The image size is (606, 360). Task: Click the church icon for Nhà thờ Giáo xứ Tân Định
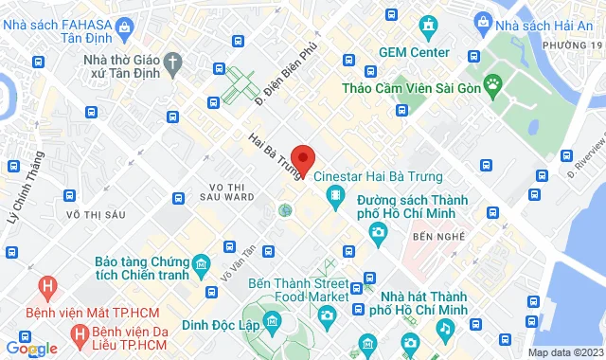pyautogui.click(x=172, y=63)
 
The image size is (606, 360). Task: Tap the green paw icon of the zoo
pyautogui.click(x=493, y=88)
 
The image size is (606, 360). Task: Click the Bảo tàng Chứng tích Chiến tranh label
pyautogui.click(x=141, y=269)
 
